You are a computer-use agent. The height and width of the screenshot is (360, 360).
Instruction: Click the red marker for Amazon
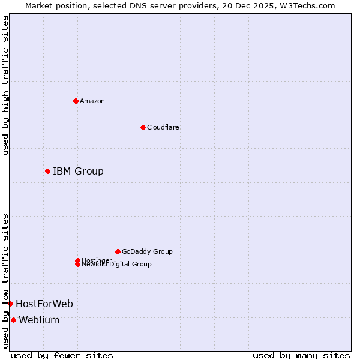[x=76, y=101]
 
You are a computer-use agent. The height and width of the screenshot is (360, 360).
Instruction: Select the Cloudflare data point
[x=143, y=127]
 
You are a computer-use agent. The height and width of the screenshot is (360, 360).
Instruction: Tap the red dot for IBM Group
[x=47, y=172]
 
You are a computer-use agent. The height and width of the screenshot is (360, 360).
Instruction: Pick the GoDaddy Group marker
[x=118, y=251]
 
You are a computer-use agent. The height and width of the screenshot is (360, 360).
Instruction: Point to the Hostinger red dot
[x=77, y=260]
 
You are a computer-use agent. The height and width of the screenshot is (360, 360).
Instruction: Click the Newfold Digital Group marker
[x=77, y=265]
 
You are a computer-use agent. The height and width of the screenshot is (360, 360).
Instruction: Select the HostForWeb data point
[x=10, y=304]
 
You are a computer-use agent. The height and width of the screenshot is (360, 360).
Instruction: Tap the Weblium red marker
[x=13, y=320]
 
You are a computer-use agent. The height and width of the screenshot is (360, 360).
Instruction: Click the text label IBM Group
[x=78, y=172]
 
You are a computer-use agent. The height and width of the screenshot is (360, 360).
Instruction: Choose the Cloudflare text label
[x=163, y=127]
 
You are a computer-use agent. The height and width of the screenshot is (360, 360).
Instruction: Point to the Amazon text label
[x=92, y=101]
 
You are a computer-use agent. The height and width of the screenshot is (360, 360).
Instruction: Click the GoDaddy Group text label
[x=147, y=251]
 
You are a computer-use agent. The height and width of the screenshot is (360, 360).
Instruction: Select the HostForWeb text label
[x=44, y=304]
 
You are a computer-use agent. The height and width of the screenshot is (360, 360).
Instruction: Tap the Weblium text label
[x=39, y=320]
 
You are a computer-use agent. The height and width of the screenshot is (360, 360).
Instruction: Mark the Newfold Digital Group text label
[x=116, y=265]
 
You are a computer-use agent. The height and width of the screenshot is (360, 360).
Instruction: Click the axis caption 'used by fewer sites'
[x=62, y=355]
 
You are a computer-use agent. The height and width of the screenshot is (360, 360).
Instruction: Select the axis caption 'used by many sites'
[x=301, y=355]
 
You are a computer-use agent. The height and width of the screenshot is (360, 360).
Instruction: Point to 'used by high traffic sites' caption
[x=5, y=85]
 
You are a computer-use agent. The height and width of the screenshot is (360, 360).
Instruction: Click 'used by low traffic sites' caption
[x=5, y=280]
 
